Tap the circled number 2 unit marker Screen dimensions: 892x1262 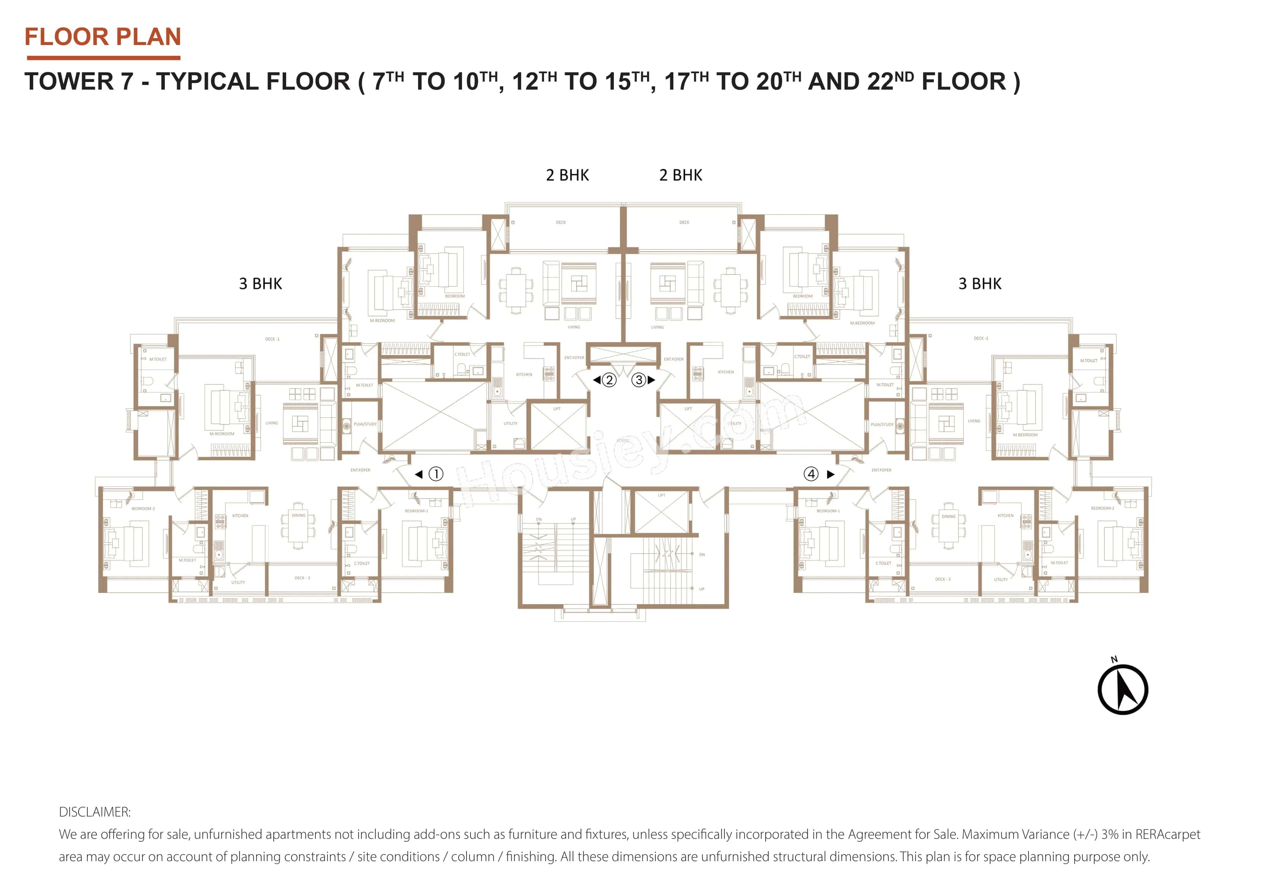[608, 380]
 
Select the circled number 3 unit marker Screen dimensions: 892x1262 [639, 380]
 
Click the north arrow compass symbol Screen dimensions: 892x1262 [1122, 689]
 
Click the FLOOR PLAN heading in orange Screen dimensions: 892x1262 [103, 37]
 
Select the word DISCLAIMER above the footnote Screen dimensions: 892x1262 [95, 812]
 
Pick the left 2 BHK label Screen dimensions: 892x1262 [567, 175]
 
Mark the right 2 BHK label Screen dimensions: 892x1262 [681, 175]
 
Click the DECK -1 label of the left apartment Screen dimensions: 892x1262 [272, 339]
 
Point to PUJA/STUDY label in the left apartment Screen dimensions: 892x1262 [365, 424]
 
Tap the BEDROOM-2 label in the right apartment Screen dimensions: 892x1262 [1103, 508]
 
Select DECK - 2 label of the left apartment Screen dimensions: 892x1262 [302, 578]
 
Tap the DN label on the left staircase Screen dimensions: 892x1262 [539, 519]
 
